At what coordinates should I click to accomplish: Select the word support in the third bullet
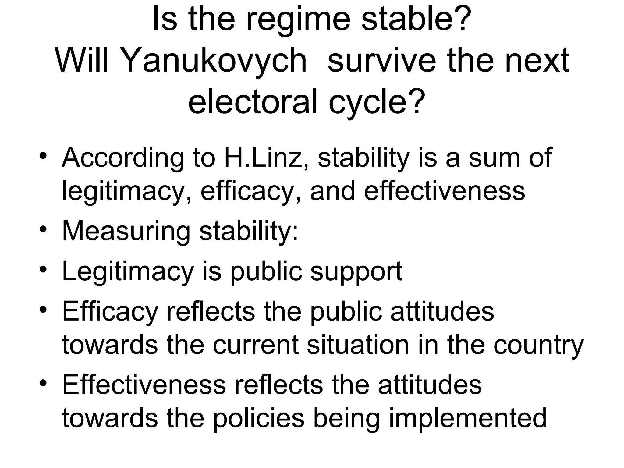[356, 272]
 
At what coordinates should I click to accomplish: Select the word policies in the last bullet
[258, 418]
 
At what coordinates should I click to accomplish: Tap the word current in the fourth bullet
[255, 346]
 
